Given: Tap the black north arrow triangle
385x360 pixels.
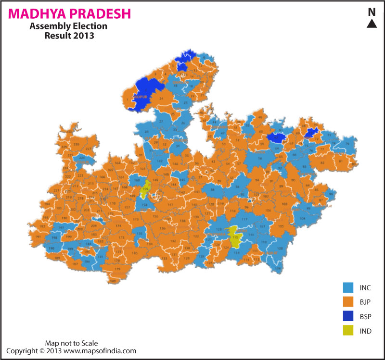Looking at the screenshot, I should tap(372, 24).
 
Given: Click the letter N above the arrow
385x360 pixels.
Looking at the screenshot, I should tap(372, 12).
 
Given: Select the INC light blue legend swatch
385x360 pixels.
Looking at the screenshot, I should tap(348, 287).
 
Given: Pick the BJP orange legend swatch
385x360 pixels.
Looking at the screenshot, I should tap(348, 302).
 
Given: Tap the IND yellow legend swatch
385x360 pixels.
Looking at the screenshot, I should tap(348, 331).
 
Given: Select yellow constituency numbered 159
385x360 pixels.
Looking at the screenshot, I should tap(145, 190).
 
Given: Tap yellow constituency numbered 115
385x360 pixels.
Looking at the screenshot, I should tap(235, 237).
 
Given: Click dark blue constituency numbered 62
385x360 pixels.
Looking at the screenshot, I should tap(276, 138).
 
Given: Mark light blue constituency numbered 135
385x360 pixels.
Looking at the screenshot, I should tap(140, 234).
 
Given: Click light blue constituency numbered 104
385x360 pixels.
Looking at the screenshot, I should tap(302, 219).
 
